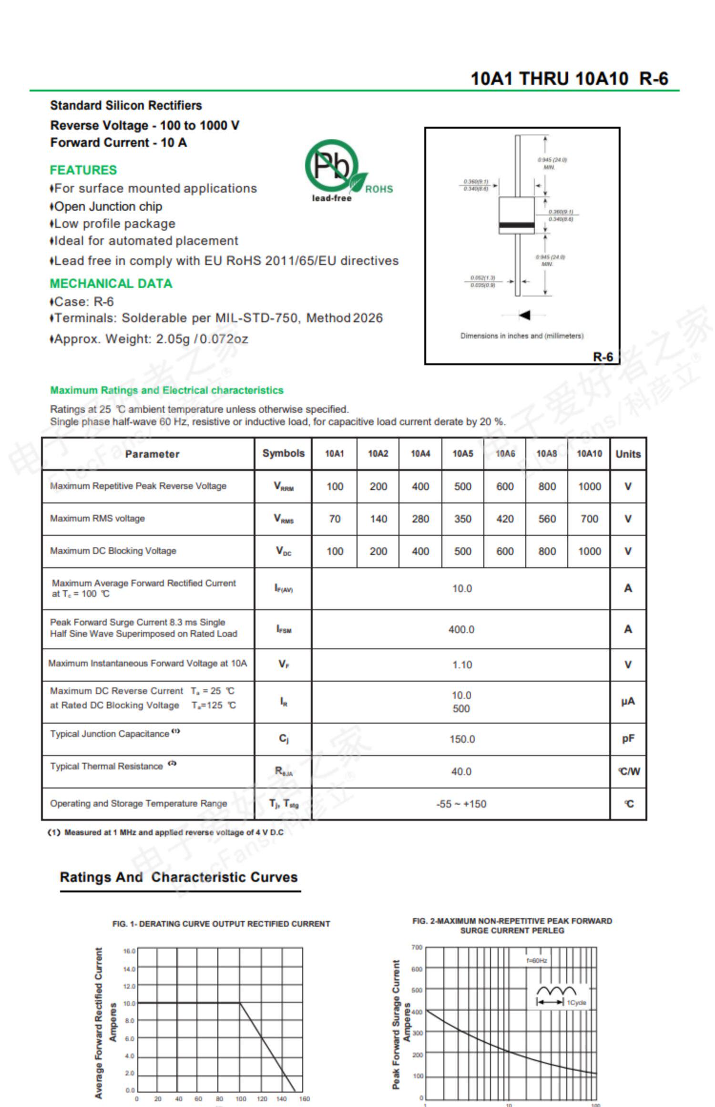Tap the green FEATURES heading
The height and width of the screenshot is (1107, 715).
[83, 170]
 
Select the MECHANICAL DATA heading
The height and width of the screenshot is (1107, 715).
[111, 284]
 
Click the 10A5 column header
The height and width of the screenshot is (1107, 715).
[462, 454]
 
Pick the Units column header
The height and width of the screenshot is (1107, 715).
[628, 454]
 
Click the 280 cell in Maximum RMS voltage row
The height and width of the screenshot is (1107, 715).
[420, 519]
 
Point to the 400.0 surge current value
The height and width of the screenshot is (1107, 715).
[461, 629]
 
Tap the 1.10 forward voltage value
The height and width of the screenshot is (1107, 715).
[462, 665]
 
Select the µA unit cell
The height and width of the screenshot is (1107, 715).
[628, 701]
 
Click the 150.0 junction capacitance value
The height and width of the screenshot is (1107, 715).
[462, 739]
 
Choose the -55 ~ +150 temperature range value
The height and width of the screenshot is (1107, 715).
[461, 804]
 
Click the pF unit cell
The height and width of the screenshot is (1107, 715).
[628, 738]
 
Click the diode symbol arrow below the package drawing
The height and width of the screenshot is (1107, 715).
[524, 315]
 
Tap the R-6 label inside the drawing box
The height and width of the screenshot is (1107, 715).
[603, 357]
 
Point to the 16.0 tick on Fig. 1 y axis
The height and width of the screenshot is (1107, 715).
[129, 951]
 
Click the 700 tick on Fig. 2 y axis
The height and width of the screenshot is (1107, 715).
[417, 947]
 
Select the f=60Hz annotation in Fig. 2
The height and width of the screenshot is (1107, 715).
[537, 961]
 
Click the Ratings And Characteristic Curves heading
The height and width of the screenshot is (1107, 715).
[179, 877]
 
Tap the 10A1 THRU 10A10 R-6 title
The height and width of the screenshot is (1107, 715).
[569, 79]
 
